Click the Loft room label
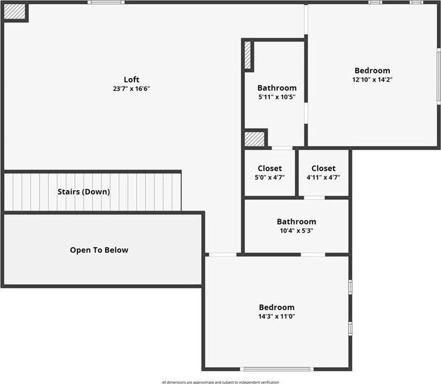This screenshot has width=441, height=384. [131, 79]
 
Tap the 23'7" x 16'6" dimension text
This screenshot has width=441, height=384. [131, 89]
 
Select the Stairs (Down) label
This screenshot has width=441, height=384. [84, 192]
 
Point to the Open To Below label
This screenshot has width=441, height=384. [99, 250]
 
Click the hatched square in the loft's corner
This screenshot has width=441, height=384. [15, 12]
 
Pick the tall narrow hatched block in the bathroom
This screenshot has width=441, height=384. [247, 55]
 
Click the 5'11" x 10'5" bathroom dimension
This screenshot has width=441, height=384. [277, 97]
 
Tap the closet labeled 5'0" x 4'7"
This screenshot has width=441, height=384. [270, 173]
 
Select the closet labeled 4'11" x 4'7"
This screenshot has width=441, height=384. [323, 173]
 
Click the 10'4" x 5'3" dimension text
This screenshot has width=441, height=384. [296, 231]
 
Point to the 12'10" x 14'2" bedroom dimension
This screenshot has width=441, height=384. [373, 80]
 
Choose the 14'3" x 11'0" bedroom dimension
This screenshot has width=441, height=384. [277, 316]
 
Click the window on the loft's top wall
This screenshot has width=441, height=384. [106, 2]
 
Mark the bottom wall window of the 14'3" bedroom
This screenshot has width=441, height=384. [277, 369]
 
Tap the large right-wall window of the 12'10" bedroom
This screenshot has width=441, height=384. [438, 76]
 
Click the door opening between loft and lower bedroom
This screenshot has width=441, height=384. [223, 254]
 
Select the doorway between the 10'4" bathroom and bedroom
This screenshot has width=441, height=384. [313, 254]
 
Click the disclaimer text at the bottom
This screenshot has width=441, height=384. [221, 382]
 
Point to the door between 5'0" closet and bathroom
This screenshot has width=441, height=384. [282, 148]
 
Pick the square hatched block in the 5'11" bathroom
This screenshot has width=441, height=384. [254, 139]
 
